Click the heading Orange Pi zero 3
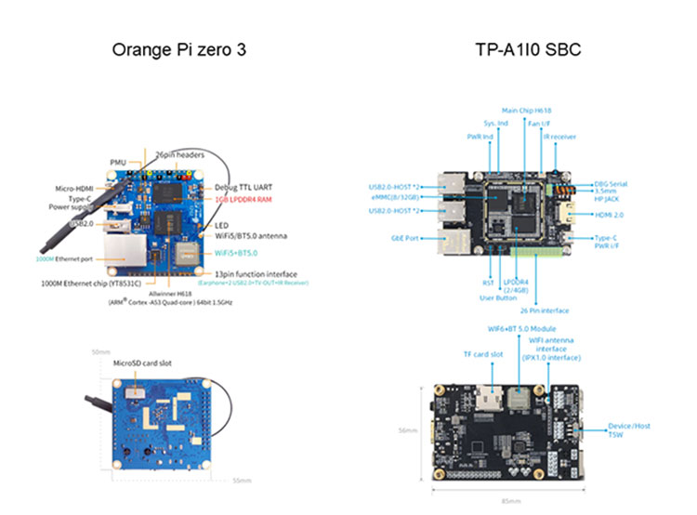tap(179, 49)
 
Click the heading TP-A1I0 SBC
tap(526, 49)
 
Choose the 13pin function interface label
tap(253, 274)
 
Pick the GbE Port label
tap(405, 238)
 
